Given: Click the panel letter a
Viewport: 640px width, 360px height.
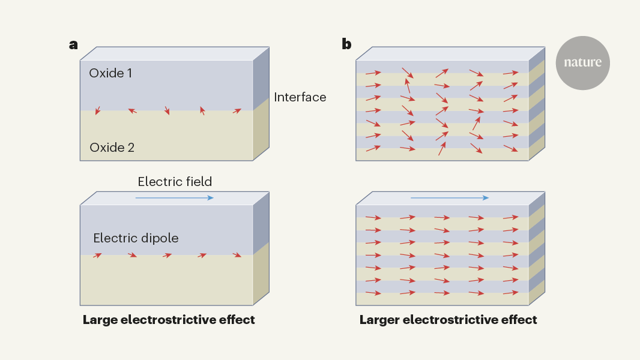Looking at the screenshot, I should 73,44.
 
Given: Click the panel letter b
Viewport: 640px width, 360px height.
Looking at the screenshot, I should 346,44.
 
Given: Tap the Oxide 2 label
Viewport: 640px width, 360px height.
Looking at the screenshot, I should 112,148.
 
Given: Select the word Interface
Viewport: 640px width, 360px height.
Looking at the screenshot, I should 300,97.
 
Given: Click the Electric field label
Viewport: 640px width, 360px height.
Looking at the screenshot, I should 175,182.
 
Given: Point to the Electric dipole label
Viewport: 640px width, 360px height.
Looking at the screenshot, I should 136,238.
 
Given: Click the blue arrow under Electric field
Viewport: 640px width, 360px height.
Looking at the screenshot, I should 174,197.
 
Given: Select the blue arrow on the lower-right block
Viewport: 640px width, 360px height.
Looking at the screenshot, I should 449,197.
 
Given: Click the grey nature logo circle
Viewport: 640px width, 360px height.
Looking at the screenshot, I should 582,62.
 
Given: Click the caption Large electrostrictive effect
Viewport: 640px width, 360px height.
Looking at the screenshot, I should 169,320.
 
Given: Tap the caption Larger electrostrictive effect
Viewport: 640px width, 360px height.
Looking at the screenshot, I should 448,320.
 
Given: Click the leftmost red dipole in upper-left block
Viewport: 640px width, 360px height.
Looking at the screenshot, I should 97,110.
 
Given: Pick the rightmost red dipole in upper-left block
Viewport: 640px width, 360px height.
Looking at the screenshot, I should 237,110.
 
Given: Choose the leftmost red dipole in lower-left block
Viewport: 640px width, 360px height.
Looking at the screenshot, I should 97,256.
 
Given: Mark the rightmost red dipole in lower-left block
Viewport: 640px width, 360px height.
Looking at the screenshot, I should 237,256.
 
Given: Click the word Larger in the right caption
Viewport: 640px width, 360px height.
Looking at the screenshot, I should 379,320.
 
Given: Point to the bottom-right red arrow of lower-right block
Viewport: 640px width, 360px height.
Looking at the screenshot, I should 510,293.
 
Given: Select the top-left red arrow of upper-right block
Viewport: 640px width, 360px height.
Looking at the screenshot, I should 373,73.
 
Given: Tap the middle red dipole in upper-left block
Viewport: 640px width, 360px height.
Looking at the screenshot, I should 167,110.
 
